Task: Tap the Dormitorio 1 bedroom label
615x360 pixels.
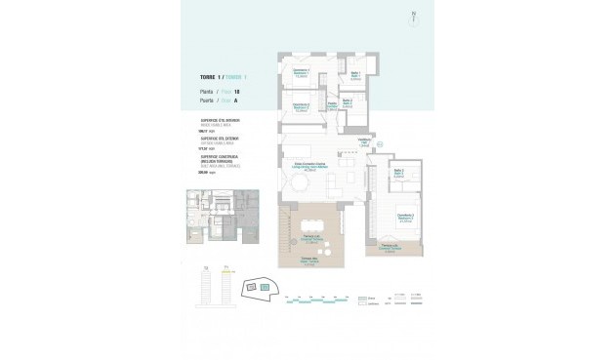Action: (302, 72)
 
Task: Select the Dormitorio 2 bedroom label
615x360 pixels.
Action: (301, 106)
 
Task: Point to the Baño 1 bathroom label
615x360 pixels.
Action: (356, 75)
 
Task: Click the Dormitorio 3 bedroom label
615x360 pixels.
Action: (407, 218)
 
